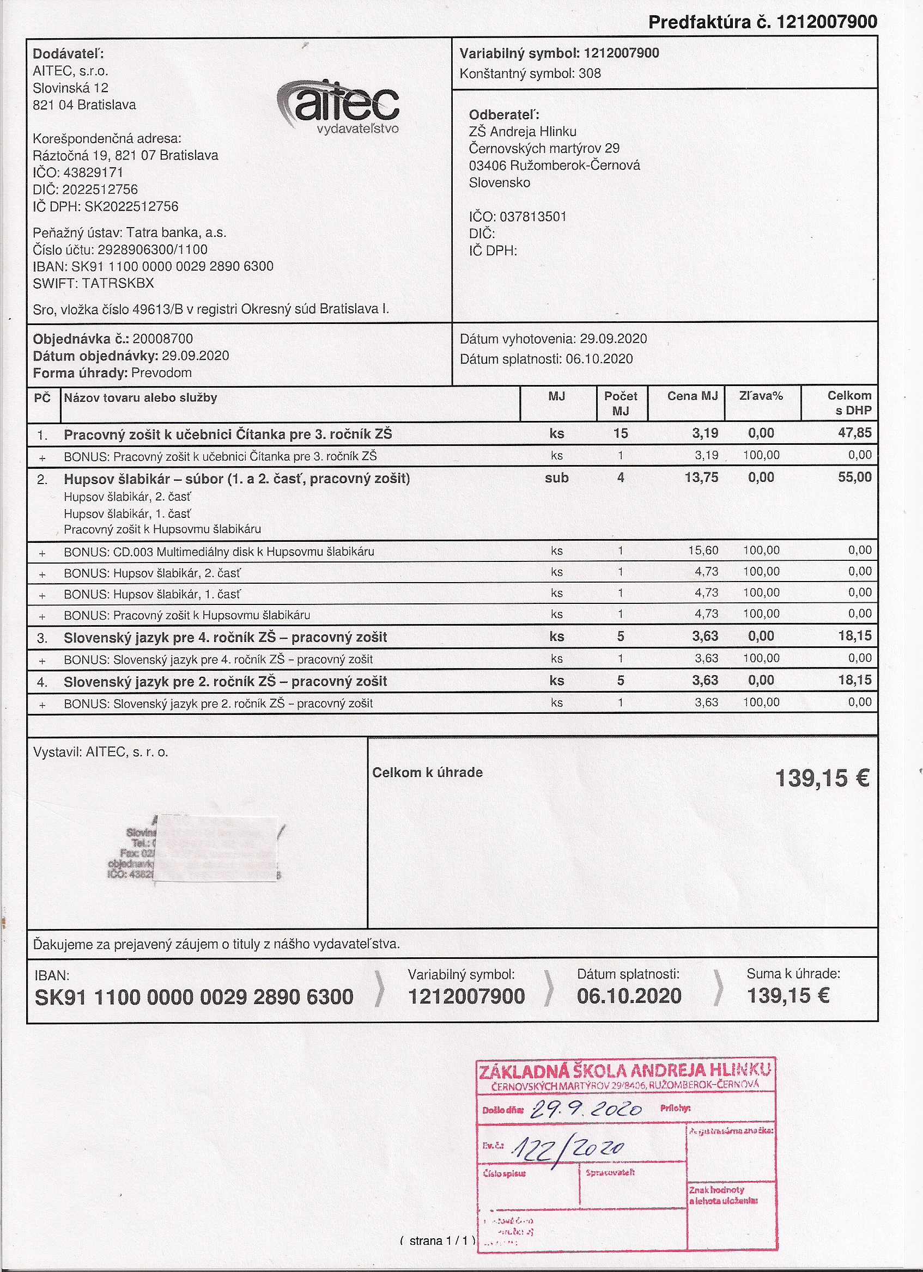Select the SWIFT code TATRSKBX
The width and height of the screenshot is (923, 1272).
118,283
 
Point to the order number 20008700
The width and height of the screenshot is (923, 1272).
163,339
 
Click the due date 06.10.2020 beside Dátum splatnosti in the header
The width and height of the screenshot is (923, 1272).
599,359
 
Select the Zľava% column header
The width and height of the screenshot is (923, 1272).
761,396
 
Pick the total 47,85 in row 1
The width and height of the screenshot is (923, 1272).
855,433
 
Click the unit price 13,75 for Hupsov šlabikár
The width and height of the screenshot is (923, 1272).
701,478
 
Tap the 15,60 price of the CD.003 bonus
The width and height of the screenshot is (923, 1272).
703,550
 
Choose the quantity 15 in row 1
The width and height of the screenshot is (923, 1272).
621,433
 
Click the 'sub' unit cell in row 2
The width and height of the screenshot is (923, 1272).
557,478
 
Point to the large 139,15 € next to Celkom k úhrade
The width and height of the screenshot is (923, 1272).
822,779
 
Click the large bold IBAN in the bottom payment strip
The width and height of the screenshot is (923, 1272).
194,997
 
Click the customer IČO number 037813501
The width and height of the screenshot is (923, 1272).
533,217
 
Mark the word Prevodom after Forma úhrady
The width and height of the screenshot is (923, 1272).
162,373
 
